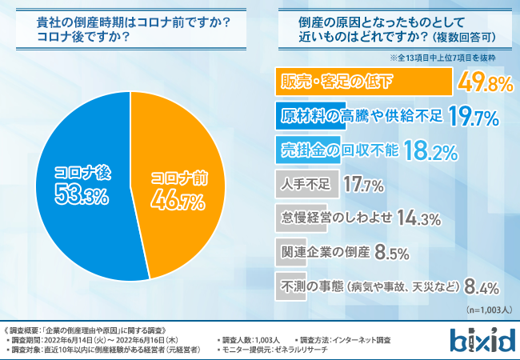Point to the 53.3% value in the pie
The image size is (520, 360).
(x=81, y=192)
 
